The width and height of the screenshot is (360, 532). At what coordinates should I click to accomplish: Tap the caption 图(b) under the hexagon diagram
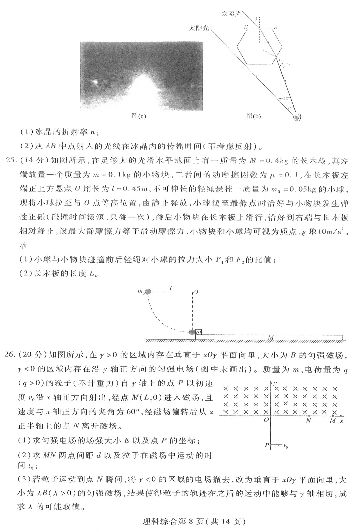[253, 116]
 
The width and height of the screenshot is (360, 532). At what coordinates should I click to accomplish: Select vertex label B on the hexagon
[246, 27]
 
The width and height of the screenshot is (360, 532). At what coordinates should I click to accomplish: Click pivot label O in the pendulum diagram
[196, 292]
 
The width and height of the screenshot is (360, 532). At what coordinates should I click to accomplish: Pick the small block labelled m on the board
[199, 332]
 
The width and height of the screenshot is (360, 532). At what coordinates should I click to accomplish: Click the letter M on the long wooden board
[271, 338]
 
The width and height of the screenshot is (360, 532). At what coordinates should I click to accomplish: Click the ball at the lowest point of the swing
[192, 332]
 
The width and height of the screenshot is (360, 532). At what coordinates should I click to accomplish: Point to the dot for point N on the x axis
[309, 416]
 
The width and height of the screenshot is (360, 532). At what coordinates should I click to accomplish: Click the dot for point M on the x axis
[333, 416]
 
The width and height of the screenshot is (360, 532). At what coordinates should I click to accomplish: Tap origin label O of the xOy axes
[266, 420]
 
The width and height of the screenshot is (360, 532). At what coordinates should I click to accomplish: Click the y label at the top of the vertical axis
[276, 384]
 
